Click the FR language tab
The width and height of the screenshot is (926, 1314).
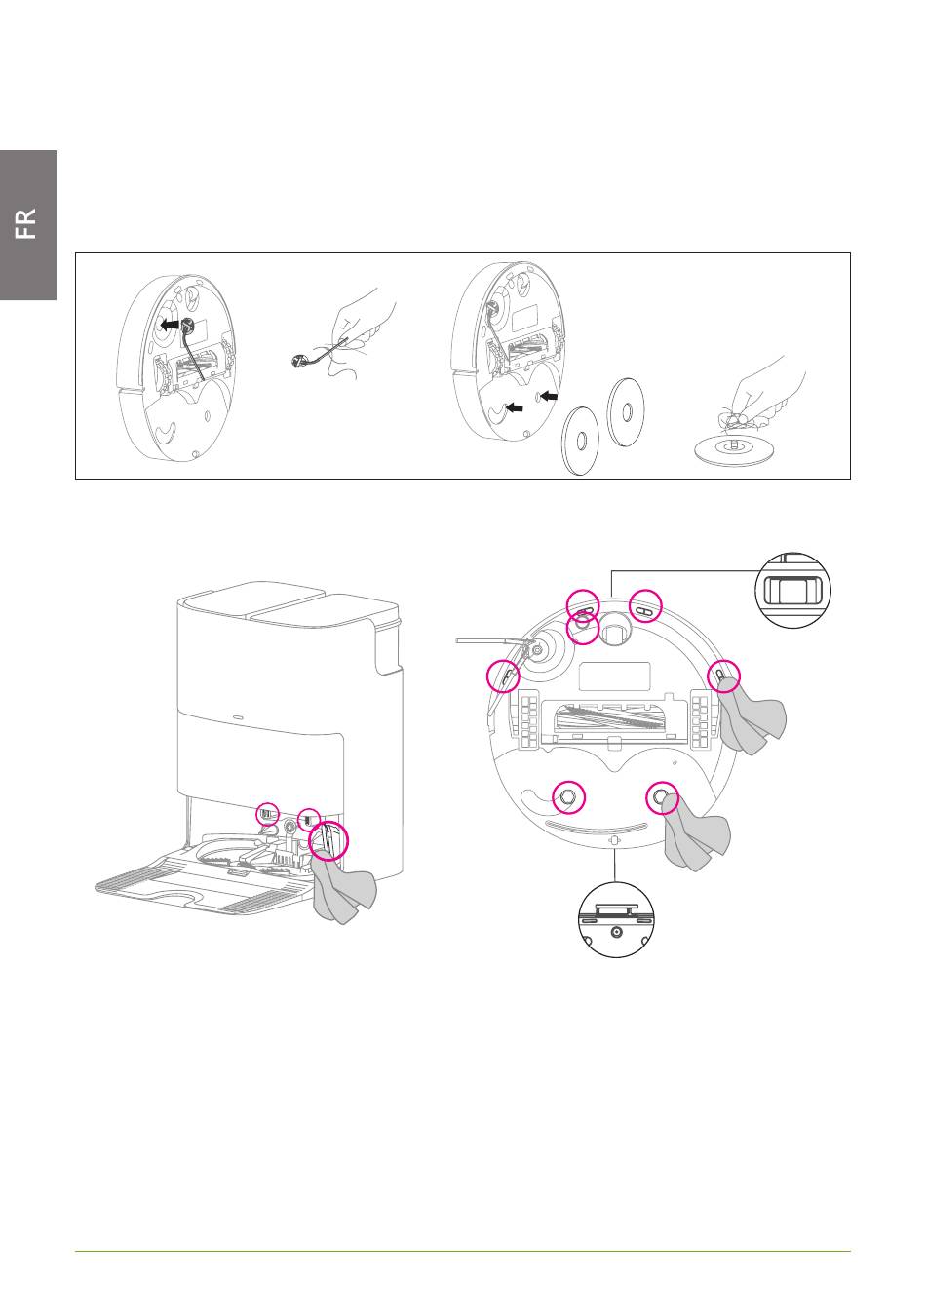pyautogui.click(x=27, y=224)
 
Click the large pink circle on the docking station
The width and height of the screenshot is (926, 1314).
pyautogui.click(x=328, y=840)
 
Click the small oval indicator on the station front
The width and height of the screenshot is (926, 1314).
pyautogui.click(x=239, y=716)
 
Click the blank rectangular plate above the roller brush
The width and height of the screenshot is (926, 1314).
pyautogui.click(x=614, y=676)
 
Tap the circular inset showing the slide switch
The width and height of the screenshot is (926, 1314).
pyautogui.click(x=792, y=590)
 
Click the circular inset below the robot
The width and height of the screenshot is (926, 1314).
pyautogui.click(x=616, y=919)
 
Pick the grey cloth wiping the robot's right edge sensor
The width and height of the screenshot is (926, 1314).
pyautogui.click(x=752, y=715)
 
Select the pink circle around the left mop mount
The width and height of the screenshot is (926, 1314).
pyautogui.click(x=569, y=797)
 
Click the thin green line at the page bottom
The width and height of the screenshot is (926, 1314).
pyautogui.click(x=463, y=1251)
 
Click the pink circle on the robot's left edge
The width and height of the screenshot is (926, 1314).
pyautogui.click(x=503, y=676)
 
